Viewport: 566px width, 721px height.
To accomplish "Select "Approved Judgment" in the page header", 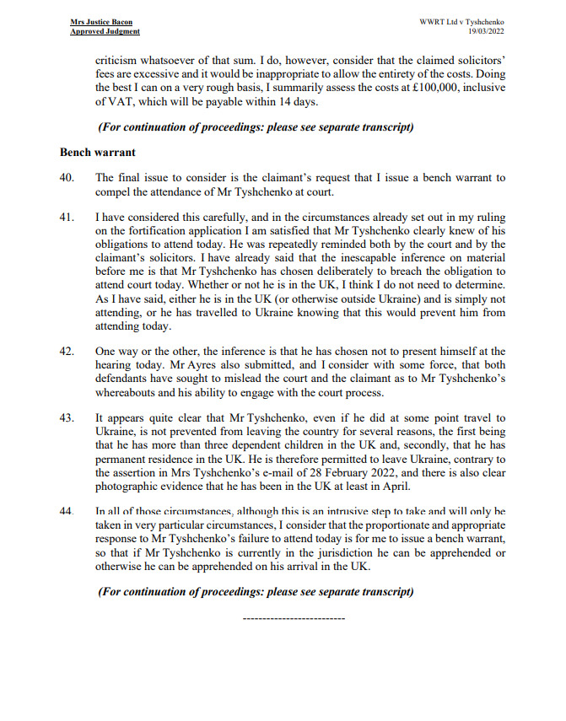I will (105, 31).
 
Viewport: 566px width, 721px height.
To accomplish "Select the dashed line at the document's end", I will (293, 618).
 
